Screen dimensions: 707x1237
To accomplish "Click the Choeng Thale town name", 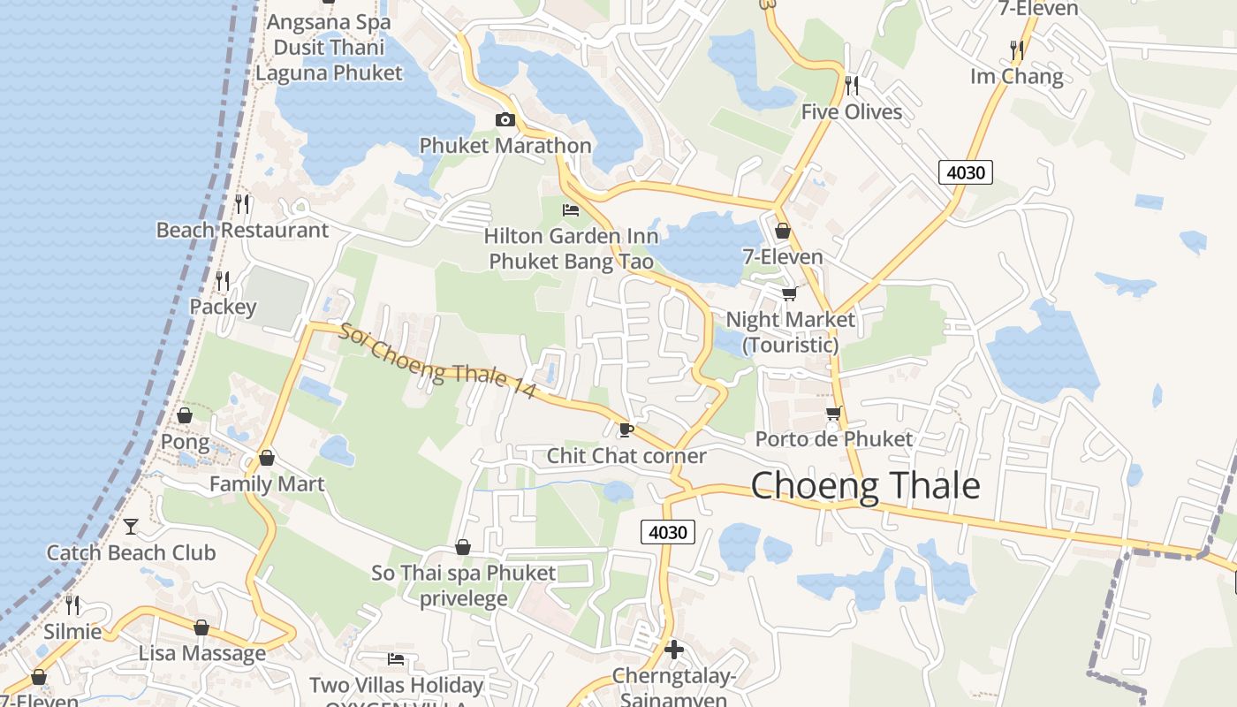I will point(865,486).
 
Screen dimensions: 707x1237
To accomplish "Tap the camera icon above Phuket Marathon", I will point(505,120).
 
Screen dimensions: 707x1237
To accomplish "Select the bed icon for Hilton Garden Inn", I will point(571,210).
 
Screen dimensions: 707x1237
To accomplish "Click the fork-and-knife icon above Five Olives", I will point(852,85).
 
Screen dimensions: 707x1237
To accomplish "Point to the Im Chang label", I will point(1016,76).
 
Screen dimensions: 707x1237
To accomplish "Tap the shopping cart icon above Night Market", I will point(789,293).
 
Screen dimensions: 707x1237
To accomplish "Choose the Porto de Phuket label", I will point(833,439).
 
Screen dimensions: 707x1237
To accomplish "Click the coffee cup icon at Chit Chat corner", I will point(626,430).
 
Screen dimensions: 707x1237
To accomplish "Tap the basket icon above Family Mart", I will point(266,458).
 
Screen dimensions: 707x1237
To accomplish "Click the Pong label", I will point(185,442).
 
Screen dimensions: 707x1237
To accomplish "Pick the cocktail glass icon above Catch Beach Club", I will point(131,527).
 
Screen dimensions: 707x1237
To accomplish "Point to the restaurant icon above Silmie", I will point(72,605).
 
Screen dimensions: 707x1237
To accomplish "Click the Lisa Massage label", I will point(201,654).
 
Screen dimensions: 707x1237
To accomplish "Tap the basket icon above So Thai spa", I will point(463,548).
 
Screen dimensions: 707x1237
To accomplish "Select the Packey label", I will point(223,308).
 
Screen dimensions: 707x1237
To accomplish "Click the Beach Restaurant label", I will point(242,231).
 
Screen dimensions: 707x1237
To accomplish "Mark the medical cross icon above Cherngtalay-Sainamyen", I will point(673,650).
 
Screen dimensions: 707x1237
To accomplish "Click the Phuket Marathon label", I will point(505,146).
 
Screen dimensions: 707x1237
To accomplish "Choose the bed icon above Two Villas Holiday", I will point(396,659).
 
